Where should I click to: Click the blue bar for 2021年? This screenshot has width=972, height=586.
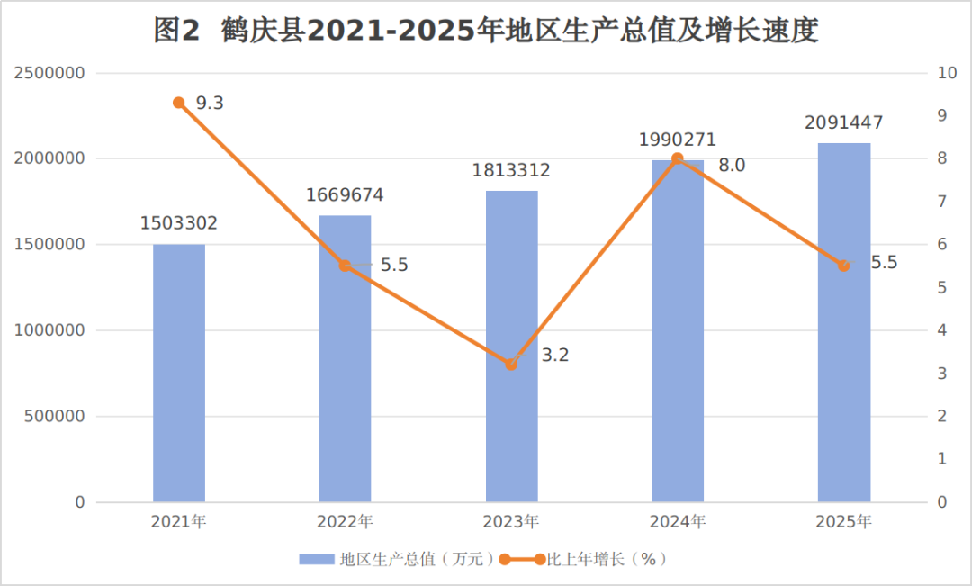point(179,373)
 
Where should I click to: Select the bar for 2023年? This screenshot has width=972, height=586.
point(511,346)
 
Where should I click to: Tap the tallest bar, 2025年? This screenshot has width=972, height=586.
point(843,322)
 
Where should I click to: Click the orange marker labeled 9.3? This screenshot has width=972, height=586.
point(179,103)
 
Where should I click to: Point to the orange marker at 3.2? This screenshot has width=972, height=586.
point(511,365)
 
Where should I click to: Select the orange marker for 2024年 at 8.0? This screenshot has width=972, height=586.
point(678,158)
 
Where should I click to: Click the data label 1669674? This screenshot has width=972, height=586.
point(345,195)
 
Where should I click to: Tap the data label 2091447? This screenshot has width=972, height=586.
point(843,122)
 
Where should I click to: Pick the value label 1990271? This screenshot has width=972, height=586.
point(678,140)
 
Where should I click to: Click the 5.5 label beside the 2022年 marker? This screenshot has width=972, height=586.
point(394,266)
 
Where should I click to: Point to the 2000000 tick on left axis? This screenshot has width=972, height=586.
point(49,158)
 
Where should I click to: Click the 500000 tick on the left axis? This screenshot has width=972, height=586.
point(55,416)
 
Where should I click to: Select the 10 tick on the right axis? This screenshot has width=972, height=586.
point(947,73)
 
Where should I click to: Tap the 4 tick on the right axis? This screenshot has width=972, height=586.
point(942,330)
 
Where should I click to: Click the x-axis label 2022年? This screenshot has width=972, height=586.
point(345,521)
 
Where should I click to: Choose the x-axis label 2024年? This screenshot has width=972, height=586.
point(678,521)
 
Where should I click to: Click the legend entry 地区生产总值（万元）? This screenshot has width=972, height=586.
point(398,559)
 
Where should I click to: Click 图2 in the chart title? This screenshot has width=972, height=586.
point(177,30)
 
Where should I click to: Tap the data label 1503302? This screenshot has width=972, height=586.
point(179,223)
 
